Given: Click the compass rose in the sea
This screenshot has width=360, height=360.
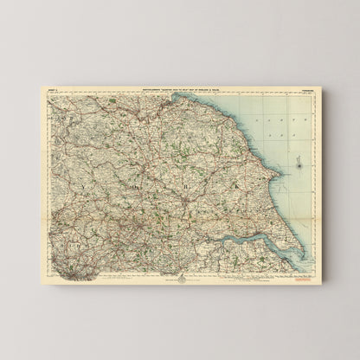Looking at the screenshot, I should (x=298, y=160).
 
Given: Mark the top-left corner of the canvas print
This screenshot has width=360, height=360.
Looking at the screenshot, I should (x=40, y=83).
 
